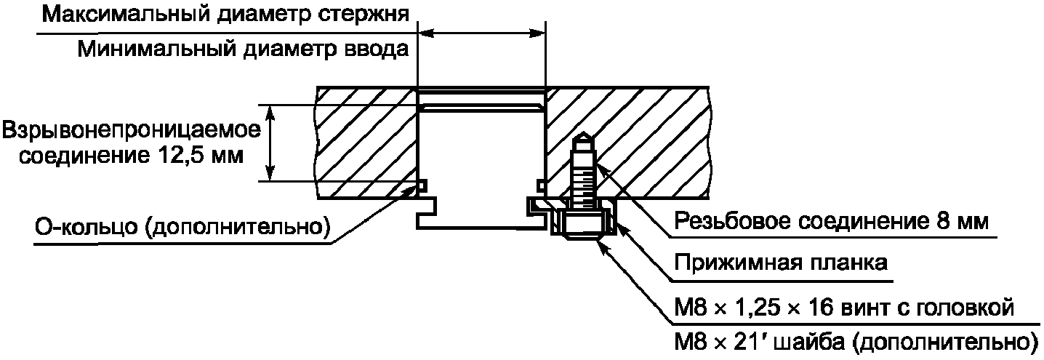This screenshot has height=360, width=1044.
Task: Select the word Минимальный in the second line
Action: tap(156, 49)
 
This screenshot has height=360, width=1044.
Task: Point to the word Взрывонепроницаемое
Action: tap(132, 131)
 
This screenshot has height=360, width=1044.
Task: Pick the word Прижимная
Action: tap(735, 263)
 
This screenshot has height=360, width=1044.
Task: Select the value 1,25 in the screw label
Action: tap(755, 308)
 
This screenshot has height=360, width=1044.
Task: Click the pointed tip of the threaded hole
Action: tap(582, 133)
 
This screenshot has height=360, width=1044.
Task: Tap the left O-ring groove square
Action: tap(422, 185)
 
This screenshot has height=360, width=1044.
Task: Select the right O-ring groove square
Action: tap(541, 185)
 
